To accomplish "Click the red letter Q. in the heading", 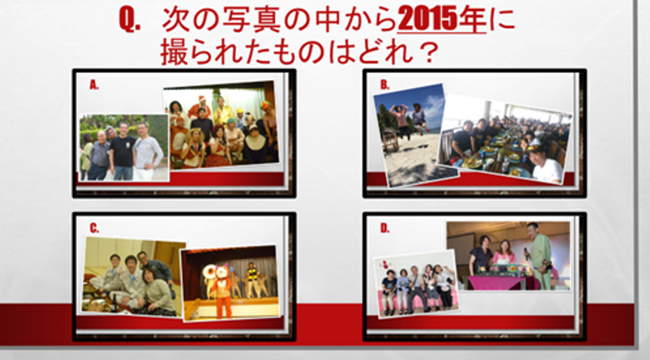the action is click(130, 19).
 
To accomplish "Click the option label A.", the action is click(94, 85).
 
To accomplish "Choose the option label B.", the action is click(385, 85).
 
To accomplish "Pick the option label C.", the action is click(94, 228).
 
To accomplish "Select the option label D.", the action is click(385, 228).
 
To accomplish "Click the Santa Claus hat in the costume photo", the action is click(202, 99).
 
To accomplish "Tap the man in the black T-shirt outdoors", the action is click(123, 151).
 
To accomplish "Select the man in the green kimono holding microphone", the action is click(538, 256).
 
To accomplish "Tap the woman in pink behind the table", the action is click(504, 252).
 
